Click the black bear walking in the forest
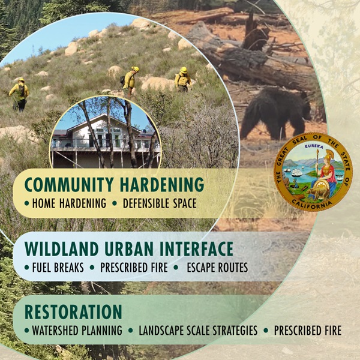[x=274, y=113]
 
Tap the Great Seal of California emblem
[x=313, y=172]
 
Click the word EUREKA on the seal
[x=314, y=147]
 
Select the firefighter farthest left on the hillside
[x=19, y=95]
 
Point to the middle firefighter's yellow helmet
[x=135, y=69]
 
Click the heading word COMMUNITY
[x=69, y=184]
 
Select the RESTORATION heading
[x=73, y=311]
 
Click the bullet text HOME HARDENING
[x=69, y=203]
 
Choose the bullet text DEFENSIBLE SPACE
[x=160, y=203]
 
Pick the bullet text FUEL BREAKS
[x=58, y=268]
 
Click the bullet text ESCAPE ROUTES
[x=217, y=268]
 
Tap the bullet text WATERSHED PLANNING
[x=77, y=331]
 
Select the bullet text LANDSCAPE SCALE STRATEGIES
[x=198, y=331]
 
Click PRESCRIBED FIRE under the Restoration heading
[x=308, y=331]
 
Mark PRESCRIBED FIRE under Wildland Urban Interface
[x=134, y=268]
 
